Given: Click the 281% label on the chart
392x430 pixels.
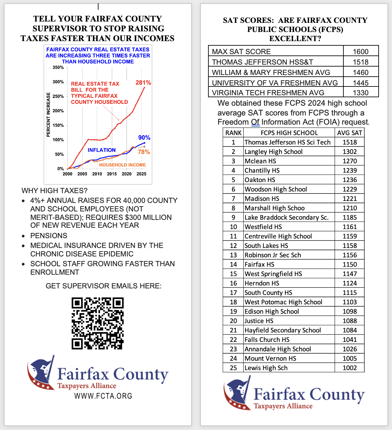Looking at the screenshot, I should pos(143,83).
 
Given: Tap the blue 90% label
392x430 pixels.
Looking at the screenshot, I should pos(144,138).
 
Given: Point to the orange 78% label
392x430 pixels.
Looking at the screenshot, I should pos(144,152).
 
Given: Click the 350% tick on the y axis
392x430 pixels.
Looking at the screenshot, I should pos(58,68).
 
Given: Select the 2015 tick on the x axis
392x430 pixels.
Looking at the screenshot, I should pos(112,174).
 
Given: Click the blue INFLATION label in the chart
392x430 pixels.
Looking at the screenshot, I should pos(101,150).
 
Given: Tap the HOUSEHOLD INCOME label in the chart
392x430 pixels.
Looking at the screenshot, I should pos(122,165).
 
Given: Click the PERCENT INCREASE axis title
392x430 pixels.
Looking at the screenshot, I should pos(48,115).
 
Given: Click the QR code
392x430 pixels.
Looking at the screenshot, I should pos(98,323).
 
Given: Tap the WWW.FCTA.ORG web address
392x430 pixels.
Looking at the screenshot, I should pos(103,396).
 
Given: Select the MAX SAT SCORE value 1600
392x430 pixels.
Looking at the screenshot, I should pos(360,52).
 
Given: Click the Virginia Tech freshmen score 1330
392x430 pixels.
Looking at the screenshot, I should pos(360,93).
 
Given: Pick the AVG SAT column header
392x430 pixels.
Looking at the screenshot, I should pos(350,133).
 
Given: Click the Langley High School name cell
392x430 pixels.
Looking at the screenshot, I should pos(273,152).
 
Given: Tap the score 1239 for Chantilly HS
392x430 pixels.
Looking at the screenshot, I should pos(350,171).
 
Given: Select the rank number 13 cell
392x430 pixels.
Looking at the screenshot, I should pos(233,255).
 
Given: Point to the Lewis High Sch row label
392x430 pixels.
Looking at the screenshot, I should pos(266,368).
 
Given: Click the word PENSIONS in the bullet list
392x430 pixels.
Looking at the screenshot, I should pos(49,236).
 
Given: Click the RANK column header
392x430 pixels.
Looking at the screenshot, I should pos(233,133).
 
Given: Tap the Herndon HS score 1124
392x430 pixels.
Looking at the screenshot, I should pos(350,283).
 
